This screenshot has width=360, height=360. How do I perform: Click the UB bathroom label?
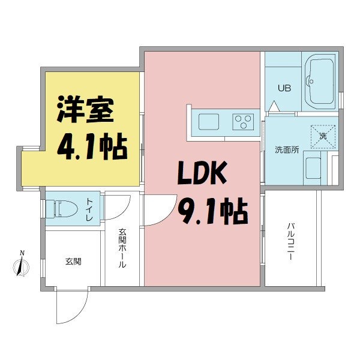pos(283,88)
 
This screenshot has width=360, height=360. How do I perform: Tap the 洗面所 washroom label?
pos(287,149)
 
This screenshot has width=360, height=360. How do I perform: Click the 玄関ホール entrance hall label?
pos(122,248)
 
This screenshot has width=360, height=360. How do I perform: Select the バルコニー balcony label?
pos(290,242)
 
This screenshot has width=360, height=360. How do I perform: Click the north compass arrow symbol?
pos(22,265)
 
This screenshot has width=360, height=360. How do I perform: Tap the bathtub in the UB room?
pos(321,81)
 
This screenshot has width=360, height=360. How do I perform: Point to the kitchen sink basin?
pos(209,122)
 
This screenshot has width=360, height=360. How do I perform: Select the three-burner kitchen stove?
pos(243,122)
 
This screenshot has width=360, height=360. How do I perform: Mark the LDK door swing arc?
pos(157,213)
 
